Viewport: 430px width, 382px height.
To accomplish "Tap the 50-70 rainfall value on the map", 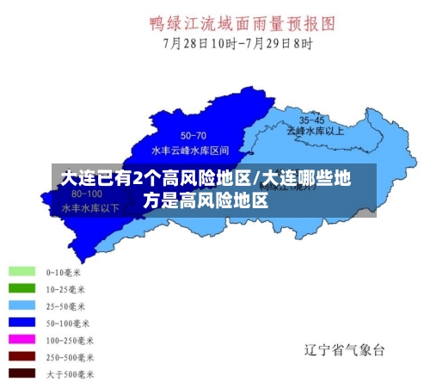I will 193,136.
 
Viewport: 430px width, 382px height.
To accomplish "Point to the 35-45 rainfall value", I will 312,120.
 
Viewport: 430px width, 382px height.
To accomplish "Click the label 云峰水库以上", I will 315,131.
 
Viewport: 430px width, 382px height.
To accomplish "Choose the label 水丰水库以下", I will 90,207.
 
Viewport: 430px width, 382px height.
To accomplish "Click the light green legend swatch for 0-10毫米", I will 22,271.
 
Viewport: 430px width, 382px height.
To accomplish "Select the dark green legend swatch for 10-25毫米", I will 22,288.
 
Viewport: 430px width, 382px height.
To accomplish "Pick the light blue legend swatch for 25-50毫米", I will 22,305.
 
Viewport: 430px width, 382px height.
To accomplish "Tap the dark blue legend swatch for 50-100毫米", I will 22,323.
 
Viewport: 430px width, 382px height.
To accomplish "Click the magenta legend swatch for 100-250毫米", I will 22,340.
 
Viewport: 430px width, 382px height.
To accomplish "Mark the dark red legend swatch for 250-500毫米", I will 22,356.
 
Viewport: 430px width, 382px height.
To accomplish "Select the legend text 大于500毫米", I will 70,373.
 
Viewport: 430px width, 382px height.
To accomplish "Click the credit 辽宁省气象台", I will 345,350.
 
